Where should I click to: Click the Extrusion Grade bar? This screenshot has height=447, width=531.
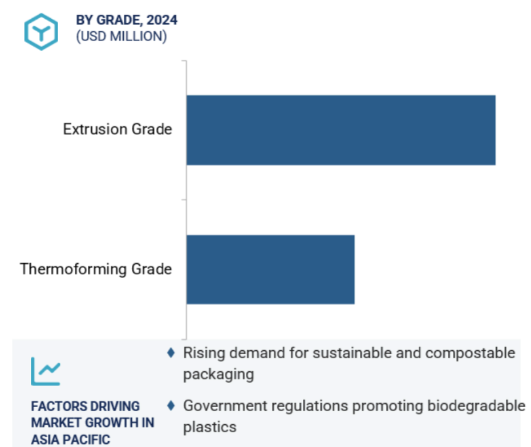click(341, 130)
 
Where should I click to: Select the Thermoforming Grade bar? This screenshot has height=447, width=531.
click(270, 269)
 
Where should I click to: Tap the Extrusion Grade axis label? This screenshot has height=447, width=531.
click(117, 129)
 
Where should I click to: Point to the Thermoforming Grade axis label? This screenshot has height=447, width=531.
click(96, 269)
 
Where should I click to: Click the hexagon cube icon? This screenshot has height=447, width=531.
click(41, 32)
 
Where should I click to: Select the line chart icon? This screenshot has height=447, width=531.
click(46, 371)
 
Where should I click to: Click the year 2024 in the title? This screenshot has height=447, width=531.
click(162, 20)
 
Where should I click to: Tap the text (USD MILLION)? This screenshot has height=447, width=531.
click(121, 36)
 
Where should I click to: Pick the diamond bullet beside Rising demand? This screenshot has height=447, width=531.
click(171, 352)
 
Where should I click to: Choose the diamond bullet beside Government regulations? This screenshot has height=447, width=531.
click(171, 405)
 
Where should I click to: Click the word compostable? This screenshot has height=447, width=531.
click(470, 354)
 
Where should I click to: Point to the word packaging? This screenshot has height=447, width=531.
click(218, 375)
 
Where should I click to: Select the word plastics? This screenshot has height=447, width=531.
click(210, 427)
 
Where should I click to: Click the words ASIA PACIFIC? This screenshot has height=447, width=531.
click(71, 440)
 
